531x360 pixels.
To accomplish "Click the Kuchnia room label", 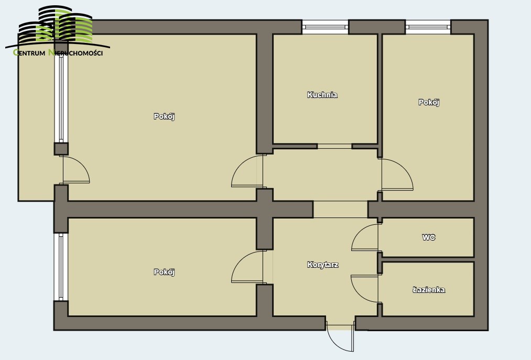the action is click(x=322, y=95).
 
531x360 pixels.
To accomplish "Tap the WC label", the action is click(x=429, y=237).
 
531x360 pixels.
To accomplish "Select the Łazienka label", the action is click(x=429, y=290).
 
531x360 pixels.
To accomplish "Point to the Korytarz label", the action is click(x=322, y=265).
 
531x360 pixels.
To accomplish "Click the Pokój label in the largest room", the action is click(x=164, y=116).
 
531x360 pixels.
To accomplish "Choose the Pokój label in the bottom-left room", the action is click(x=164, y=272).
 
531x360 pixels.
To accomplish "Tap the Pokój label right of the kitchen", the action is click(x=429, y=102).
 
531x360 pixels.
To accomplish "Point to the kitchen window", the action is click(x=325, y=27).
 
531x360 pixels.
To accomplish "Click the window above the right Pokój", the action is click(x=428, y=27).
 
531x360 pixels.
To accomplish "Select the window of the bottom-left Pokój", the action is click(x=61, y=267).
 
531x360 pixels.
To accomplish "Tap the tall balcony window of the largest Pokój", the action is click(x=61, y=98).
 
